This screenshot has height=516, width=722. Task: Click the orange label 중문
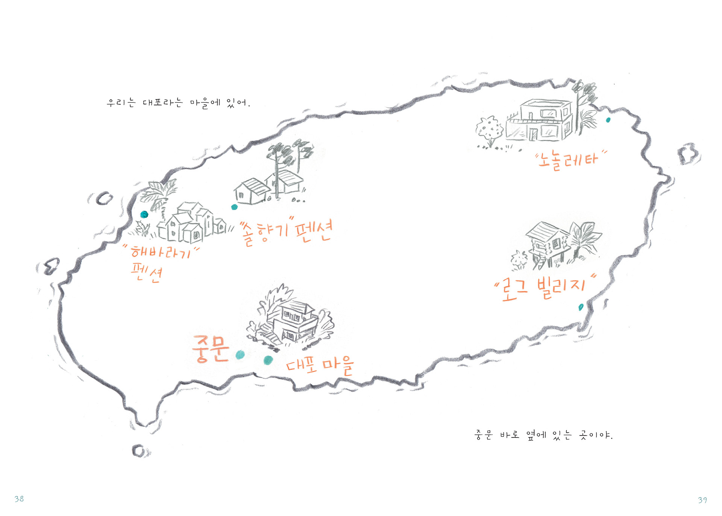[x=211, y=349]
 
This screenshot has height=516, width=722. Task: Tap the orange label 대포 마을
[x=320, y=365]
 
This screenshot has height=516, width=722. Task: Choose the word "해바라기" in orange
[x=161, y=251]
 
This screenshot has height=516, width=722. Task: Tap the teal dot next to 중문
[x=240, y=355]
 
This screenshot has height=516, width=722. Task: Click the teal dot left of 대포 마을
[x=268, y=360]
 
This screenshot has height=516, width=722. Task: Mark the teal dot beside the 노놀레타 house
[x=608, y=120]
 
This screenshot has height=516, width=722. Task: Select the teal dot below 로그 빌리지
[x=581, y=307]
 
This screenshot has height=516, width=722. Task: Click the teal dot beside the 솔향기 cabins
[x=234, y=207]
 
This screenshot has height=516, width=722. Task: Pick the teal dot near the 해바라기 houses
[x=144, y=215]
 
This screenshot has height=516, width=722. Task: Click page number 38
[x=19, y=499]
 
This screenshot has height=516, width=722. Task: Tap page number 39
[x=702, y=500]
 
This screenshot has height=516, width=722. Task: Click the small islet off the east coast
[x=688, y=154]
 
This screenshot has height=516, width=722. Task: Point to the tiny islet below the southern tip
[x=138, y=451]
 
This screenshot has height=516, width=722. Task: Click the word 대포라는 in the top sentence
[x=162, y=102]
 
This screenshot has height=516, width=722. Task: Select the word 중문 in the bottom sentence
[x=484, y=435]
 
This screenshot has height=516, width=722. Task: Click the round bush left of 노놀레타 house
[x=489, y=129]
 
